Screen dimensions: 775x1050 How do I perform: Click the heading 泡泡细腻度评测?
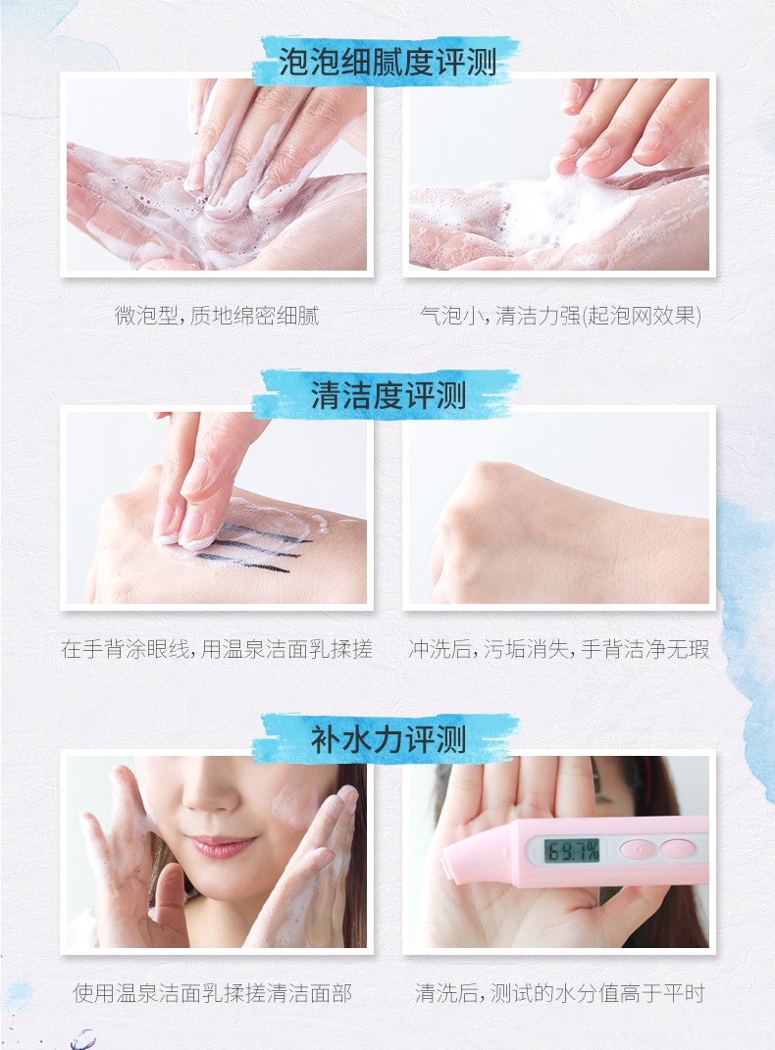click(387, 63)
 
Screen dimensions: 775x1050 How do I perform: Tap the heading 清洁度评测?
click(387, 394)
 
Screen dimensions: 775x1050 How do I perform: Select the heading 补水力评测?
click(387, 740)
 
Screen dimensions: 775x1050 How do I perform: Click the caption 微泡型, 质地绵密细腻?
click(217, 315)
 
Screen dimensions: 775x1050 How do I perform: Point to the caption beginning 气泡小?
click(561, 315)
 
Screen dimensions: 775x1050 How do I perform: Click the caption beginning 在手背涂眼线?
click(217, 648)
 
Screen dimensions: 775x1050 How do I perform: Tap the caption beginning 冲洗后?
click(558, 648)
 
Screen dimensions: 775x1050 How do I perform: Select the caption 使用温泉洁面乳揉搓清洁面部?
click(212, 992)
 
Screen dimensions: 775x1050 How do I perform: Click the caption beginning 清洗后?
click(560, 992)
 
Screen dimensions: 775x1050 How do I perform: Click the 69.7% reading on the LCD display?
click(571, 850)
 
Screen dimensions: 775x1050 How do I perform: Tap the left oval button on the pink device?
click(637, 849)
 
